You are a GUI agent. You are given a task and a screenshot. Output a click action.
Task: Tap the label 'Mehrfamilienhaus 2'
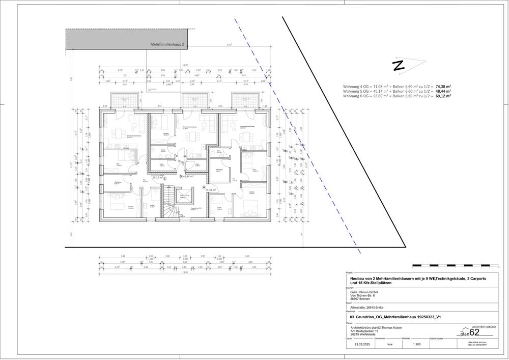pos(167,45)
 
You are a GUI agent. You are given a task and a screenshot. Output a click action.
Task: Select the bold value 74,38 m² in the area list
pos(444,87)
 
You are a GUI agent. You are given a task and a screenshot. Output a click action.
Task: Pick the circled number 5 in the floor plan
pos(180,177)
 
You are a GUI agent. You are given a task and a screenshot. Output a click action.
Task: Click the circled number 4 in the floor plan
pos(204,187)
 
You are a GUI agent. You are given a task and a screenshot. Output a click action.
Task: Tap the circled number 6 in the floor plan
pos(164,178)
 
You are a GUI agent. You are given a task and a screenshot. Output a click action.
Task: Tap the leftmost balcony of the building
pos(117,100)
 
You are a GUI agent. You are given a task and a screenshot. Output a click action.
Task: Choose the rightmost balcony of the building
pos(243,100)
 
